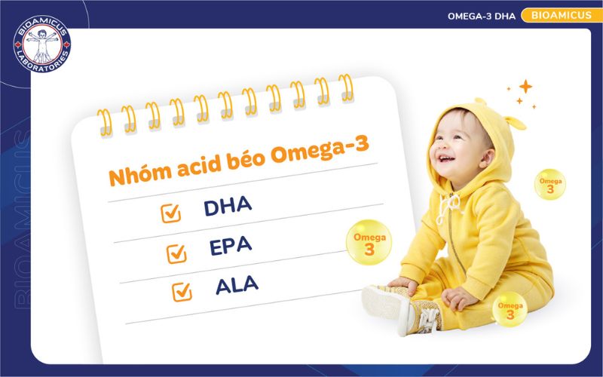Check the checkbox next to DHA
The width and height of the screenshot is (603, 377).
[171, 213]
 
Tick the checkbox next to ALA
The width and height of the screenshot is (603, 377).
[182, 291]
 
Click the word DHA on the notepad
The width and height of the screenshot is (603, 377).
[227, 207]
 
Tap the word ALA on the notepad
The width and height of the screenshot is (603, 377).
[237, 284]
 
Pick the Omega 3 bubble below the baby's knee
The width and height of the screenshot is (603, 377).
[509, 311]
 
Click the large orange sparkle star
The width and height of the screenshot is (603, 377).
[525, 87]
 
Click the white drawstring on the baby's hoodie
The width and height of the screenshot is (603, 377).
[451, 207]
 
